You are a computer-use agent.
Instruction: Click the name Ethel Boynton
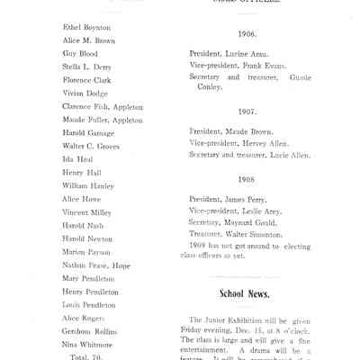(x=86, y=28)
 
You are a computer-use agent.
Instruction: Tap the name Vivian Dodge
(x=86, y=94)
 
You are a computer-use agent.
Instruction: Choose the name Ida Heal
(x=79, y=159)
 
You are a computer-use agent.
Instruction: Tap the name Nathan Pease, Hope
(x=96, y=265)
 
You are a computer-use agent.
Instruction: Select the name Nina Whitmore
(x=87, y=344)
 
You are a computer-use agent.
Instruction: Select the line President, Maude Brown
(x=233, y=130)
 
